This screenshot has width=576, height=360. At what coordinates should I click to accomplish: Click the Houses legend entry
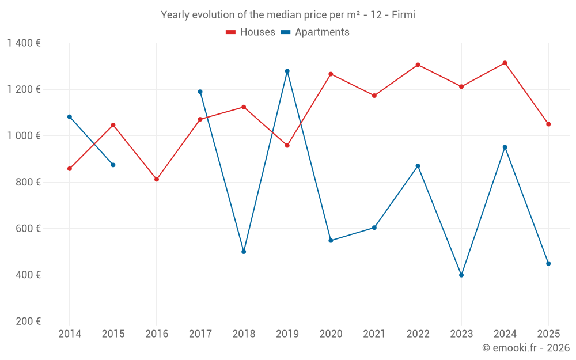(x=251, y=32)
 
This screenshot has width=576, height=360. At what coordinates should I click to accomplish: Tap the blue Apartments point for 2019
(x=287, y=71)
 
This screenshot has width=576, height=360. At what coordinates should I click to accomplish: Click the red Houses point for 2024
(x=505, y=63)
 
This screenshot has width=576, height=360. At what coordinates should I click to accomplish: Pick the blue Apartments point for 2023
(x=461, y=275)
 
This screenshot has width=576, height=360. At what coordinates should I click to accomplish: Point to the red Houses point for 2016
(x=157, y=179)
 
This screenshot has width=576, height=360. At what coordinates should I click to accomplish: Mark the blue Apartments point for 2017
(x=200, y=92)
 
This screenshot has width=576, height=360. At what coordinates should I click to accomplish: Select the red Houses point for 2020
(x=331, y=74)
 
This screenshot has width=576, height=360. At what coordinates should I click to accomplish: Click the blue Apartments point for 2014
(x=70, y=116)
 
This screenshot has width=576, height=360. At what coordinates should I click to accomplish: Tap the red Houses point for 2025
(x=548, y=124)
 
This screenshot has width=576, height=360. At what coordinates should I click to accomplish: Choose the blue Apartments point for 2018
(x=244, y=252)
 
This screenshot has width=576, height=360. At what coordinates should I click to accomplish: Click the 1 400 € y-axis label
(x=24, y=43)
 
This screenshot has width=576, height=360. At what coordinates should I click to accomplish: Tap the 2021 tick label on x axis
(x=374, y=334)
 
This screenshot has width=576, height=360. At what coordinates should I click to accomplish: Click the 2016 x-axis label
(x=157, y=334)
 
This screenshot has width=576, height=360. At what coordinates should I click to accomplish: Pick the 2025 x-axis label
(x=548, y=334)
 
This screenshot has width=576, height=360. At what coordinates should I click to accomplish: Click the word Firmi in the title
(x=403, y=15)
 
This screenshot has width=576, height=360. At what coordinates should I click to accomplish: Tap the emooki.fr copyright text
(x=526, y=348)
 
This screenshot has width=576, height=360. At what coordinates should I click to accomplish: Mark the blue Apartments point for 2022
(x=418, y=166)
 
